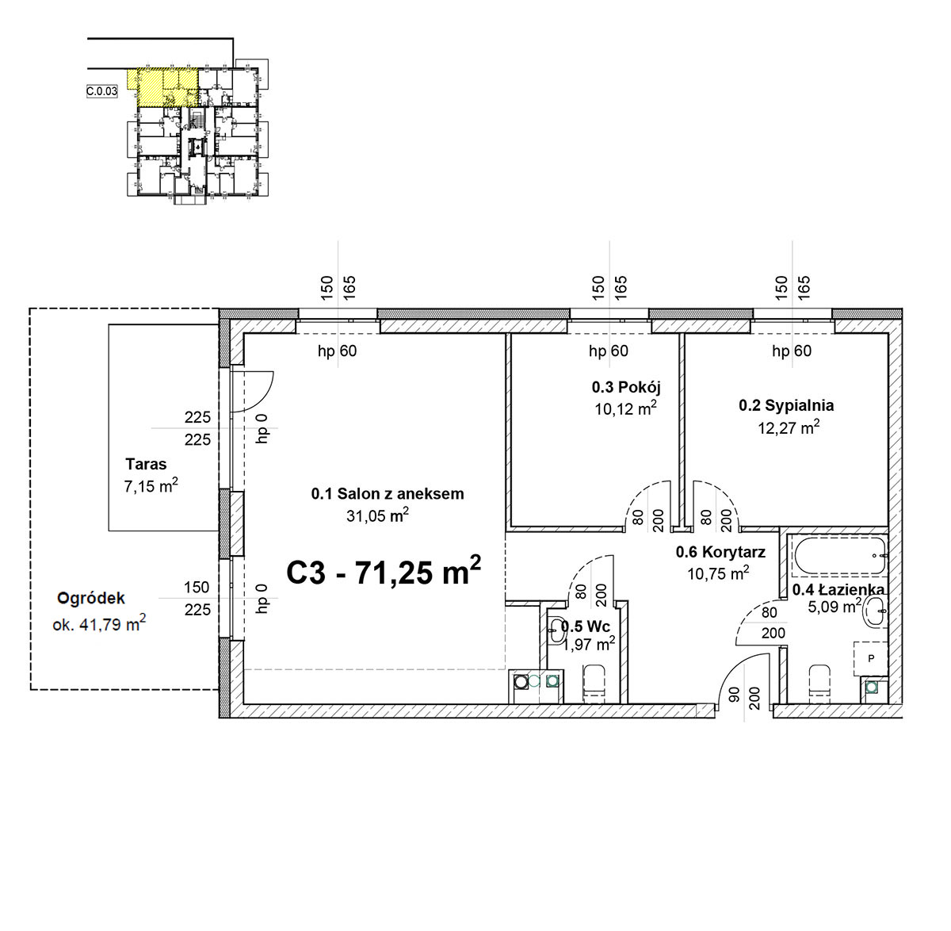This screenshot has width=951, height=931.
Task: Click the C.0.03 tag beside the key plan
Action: tap(102, 91)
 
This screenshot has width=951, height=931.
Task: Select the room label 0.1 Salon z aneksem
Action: tap(388, 494)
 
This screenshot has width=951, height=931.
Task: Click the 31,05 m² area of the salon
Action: tap(378, 515)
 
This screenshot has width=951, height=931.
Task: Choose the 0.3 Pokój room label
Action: tap(626, 388)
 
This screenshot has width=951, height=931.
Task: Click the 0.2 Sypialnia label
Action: tap(786, 406)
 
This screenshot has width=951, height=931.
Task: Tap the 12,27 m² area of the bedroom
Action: tap(789, 428)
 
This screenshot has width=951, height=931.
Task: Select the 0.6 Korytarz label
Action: tap(720, 553)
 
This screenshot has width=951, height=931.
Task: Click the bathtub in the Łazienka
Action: tap(840, 555)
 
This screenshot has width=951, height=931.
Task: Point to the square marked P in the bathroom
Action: tap(871, 659)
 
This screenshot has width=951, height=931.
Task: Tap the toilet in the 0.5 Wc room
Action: tap(594, 679)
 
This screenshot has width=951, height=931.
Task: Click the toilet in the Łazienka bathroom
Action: tap(819, 679)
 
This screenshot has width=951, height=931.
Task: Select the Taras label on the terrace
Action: tap(146, 464)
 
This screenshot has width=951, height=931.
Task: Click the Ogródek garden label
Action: tap(91, 598)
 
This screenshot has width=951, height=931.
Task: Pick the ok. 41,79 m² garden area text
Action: tap(99, 624)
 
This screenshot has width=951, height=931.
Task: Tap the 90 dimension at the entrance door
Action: tap(734, 695)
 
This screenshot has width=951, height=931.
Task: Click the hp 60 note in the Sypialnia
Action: tap(792, 351)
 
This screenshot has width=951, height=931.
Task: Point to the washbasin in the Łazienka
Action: tap(875, 611)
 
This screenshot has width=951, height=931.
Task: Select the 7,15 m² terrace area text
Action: tap(151, 486)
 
